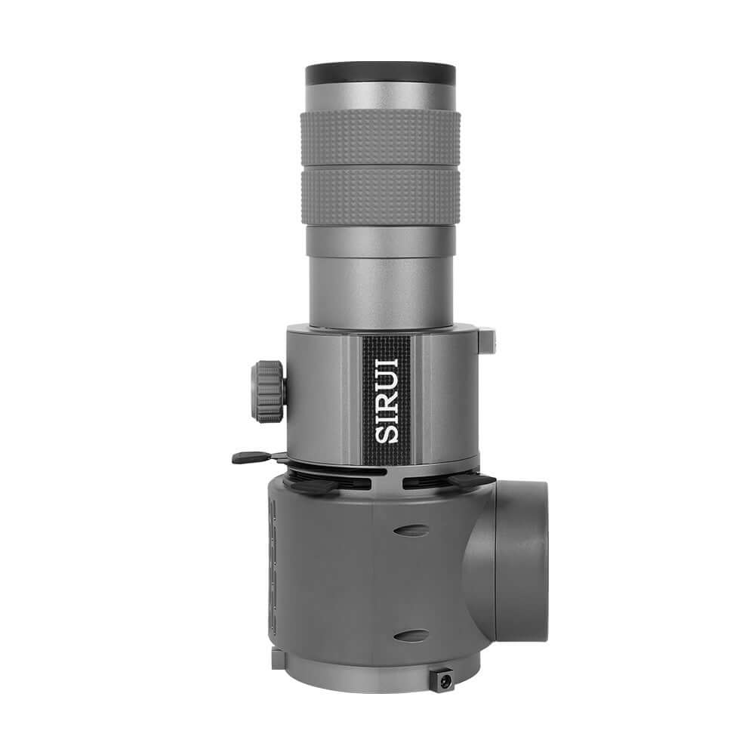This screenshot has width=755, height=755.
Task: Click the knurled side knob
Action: (269, 391)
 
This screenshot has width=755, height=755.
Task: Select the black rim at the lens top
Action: (381, 74)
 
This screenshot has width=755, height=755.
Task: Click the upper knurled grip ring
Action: (381, 136)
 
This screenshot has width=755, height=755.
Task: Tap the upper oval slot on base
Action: (411, 530)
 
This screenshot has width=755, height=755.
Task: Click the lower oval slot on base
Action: (411, 635)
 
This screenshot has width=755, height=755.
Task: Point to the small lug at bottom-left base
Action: (277, 658)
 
